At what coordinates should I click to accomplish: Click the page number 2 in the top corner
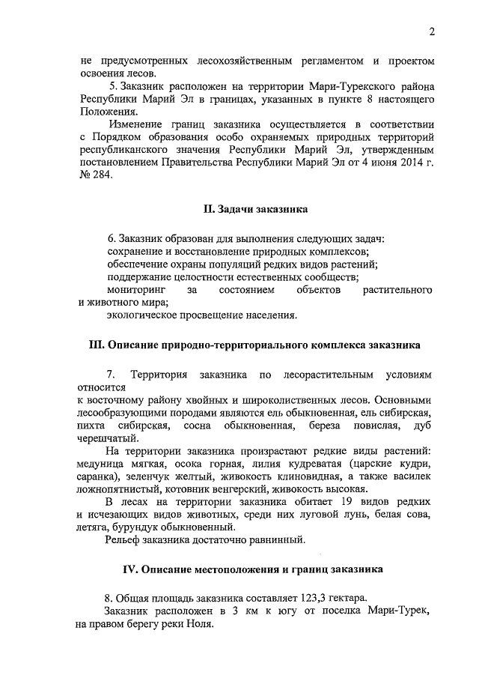[x=432, y=31]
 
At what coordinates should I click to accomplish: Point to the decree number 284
[x=100, y=175]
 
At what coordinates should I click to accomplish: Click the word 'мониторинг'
[x=135, y=289]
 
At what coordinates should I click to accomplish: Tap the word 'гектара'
[x=341, y=598]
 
